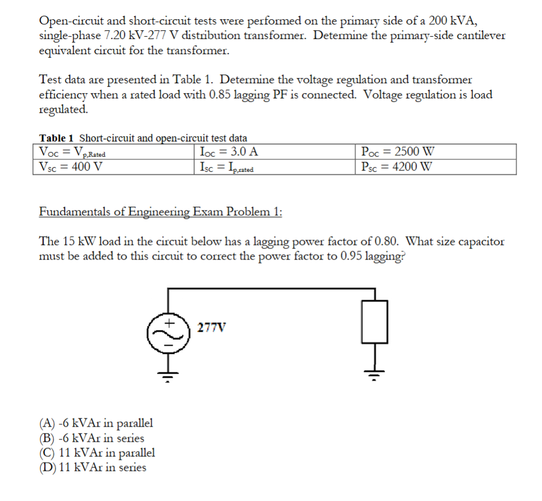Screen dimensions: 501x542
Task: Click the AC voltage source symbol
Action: point(169,333)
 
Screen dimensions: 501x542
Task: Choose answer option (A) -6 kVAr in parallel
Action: point(96,423)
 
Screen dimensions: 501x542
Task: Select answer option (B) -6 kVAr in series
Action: point(91,438)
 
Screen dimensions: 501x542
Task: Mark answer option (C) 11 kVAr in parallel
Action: point(97,453)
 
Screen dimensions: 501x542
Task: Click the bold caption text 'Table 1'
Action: point(56,138)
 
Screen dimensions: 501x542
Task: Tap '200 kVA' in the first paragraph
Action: point(452,21)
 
